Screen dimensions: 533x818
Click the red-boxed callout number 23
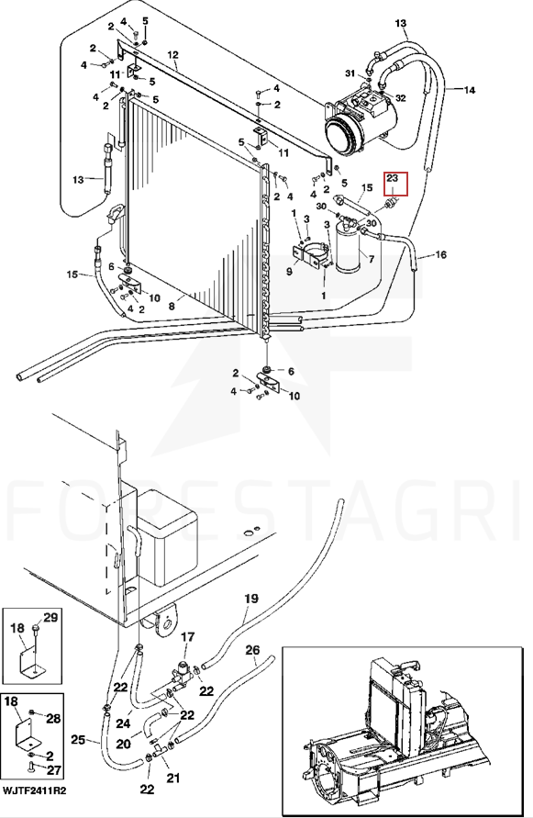tap(393, 178)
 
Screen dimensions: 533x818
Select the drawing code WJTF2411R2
tap(35, 790)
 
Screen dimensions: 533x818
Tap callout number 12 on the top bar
tap(172, 55)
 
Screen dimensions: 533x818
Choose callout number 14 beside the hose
tap(470, 90)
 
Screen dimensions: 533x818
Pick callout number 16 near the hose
tap(440, 254)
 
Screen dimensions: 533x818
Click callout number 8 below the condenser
tap(172, 307)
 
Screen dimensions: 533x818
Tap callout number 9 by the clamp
tap(290, 271)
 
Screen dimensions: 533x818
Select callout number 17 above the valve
tap(187, 637)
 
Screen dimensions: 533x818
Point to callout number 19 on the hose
tap(251, 599)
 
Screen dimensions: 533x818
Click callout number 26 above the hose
tap(252, 650)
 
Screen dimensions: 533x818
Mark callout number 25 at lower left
tap(78, 740)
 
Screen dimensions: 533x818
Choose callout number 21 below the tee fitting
tap(173, 779)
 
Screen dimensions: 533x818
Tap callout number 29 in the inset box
tap(50, 618)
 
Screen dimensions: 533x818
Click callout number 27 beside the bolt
tap(54, 770)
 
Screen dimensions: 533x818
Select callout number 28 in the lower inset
tap(54, 719)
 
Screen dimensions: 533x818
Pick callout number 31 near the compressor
tap(350, 73)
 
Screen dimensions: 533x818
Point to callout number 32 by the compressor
tap(401, 98)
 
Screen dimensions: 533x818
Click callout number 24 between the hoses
tap(123, 723)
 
